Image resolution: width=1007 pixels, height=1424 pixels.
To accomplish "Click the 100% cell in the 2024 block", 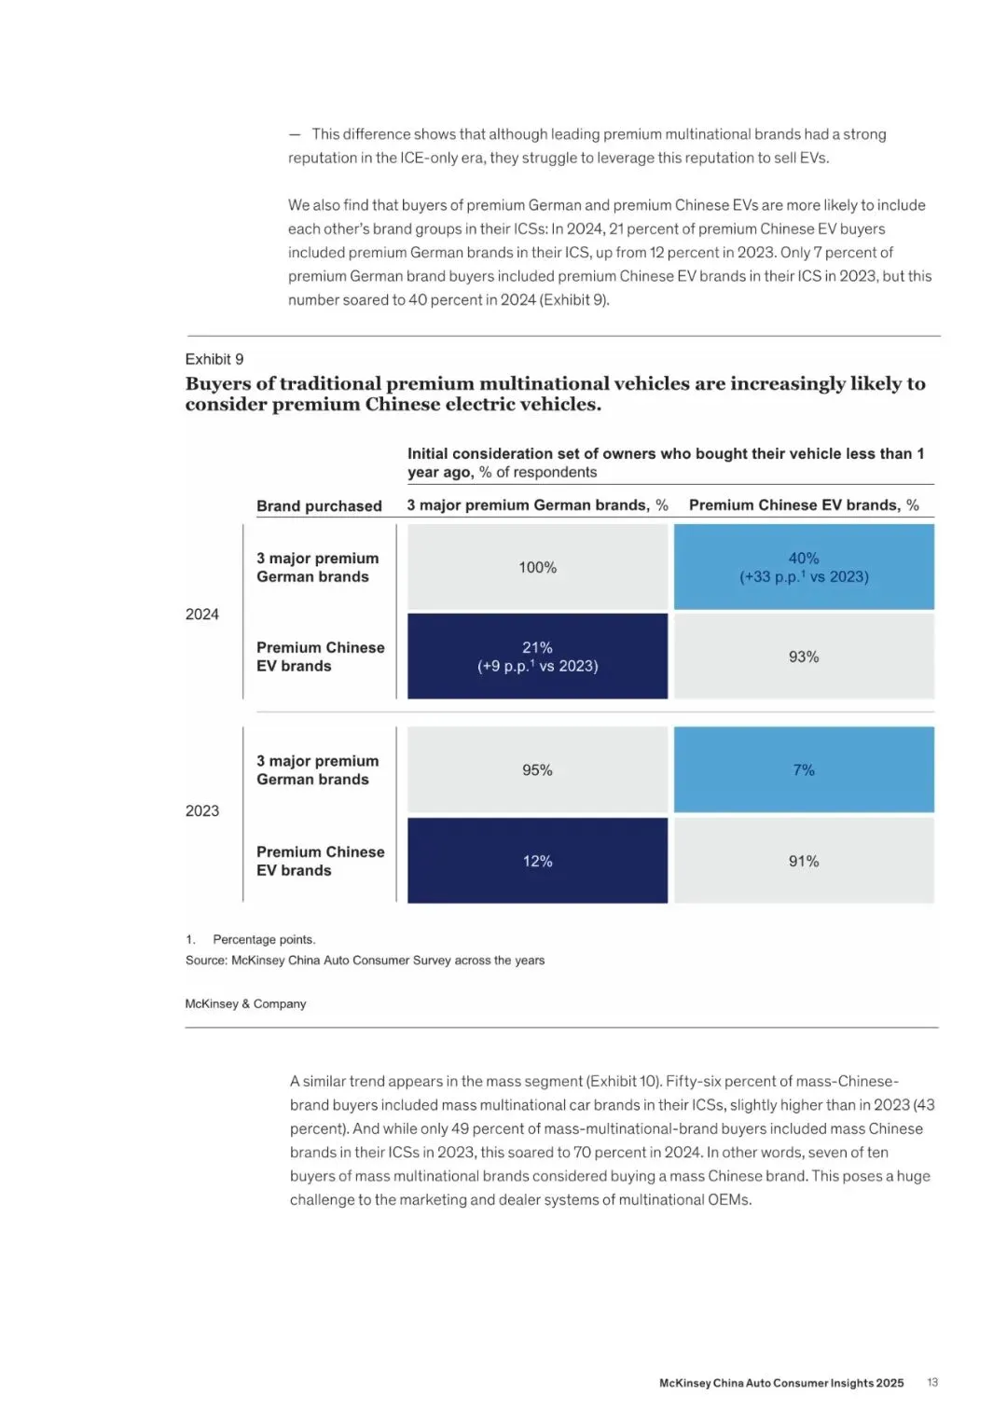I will point(537,567).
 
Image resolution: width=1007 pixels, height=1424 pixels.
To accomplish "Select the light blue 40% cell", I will point(804,567).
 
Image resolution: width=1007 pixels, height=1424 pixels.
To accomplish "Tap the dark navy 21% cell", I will point(537,656).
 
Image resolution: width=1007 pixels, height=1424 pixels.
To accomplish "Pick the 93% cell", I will point(804,657).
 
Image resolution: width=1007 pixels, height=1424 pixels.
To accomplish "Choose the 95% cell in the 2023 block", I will point(537,769).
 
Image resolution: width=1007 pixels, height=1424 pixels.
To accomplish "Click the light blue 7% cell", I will point(804,769).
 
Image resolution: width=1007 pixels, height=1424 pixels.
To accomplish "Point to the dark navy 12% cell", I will point(537,861).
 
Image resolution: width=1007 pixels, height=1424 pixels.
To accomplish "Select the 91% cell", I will point(804,861).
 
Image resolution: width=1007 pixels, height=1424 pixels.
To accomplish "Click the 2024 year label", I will point(202,614).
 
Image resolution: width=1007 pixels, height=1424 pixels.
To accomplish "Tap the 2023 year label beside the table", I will point(202,810).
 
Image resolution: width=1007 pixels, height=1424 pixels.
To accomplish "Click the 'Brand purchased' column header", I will point(319,505).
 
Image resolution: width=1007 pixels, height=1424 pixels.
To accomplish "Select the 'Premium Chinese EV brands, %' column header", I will point(804,505).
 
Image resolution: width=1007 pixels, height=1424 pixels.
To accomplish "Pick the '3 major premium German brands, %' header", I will point(537,505).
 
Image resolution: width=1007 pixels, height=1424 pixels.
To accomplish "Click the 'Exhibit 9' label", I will point(214,359).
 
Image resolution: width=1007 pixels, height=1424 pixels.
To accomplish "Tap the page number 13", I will point(932,1382).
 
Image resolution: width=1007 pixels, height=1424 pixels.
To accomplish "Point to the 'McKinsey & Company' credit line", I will point(245,1003).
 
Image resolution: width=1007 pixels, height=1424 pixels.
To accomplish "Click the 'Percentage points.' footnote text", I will point(264,939).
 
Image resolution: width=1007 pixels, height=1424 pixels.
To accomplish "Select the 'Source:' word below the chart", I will point(206,960).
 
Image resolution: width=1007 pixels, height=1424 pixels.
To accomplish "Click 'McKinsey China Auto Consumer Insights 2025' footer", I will point(781,1383).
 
